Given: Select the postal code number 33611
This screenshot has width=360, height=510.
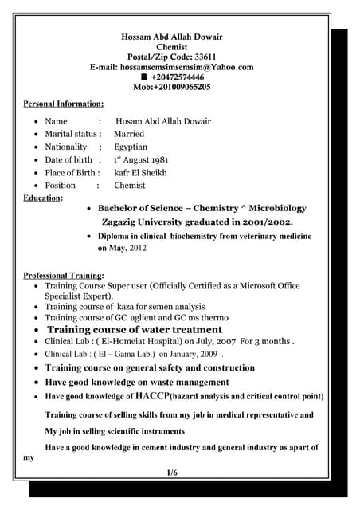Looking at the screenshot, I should tap(200, 57).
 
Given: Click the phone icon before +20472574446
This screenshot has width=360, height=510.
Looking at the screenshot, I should tap(144, 77).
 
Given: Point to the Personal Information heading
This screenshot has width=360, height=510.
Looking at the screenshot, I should tap(64, 104).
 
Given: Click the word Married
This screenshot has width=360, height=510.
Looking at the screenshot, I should tap(129, 134).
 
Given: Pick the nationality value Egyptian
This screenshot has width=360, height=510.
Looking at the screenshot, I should tap(131, 147).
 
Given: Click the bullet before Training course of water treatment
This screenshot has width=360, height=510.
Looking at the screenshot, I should tap(36, 329).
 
